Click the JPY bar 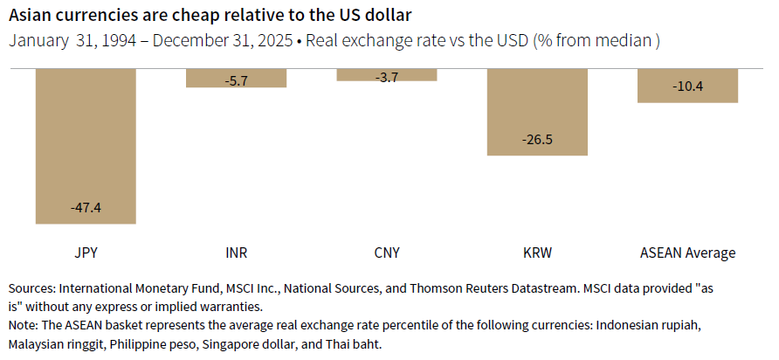point(86,140)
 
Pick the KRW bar point(537,105)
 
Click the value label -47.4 point(86,208)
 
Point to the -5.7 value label point(236,80)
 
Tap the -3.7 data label point(386,78)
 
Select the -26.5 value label point(537,140)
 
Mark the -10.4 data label point(688,87)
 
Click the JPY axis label point(86,253)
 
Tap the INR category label point(236,253)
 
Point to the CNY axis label point(386,253)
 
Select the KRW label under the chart point(537,253)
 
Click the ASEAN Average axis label point(687,253)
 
